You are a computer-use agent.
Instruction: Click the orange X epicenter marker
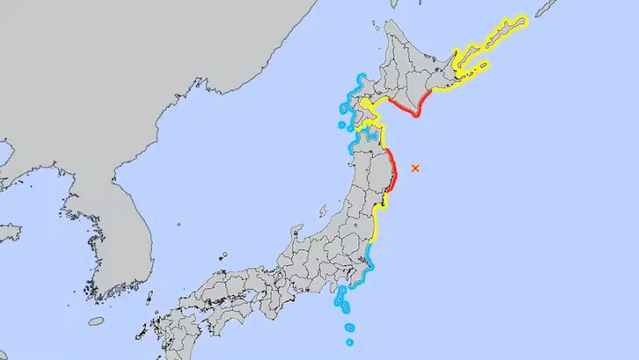pyautogui.click(x=414, y=168)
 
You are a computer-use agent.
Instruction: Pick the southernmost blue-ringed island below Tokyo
pyautogui.click(x=349, y=342)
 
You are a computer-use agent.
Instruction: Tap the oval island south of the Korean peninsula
pyautogui.click(x=95, y=321)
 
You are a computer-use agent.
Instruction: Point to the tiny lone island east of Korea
pyautogui.click(x=178, y=224)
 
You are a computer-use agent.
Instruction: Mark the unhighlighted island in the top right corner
pyautogui.click(x=546, y=8)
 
